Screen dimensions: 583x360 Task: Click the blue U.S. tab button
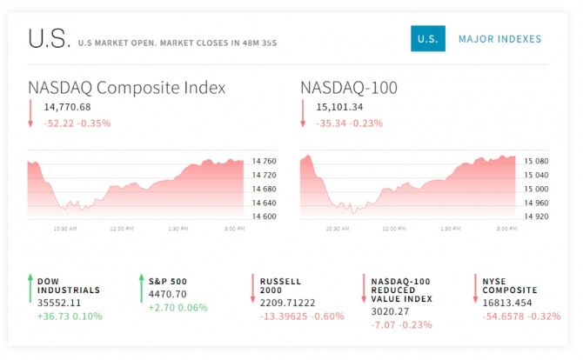[428, 38]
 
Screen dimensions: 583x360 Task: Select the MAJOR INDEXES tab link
[499, 39]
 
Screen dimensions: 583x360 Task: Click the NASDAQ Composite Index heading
[127, 88]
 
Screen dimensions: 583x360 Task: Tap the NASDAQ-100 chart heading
[349, 88]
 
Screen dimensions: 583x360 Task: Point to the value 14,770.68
[67, 107]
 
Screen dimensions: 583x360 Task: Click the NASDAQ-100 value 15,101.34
[339, 107]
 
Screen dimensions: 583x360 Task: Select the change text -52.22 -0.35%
[77, 123]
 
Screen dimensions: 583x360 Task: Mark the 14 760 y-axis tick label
[264, 161]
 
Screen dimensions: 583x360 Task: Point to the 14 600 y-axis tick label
[264, 217]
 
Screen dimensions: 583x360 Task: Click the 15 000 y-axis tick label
[536, 189]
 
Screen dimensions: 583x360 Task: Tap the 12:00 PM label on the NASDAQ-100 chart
[394, 229]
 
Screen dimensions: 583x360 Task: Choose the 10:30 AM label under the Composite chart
[65, 229]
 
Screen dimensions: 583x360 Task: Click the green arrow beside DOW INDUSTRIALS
[30, 289]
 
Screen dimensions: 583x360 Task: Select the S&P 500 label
[168, 282]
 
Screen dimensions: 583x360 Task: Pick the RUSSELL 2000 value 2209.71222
[287, 303]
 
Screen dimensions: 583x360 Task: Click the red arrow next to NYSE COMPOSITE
[475, 289]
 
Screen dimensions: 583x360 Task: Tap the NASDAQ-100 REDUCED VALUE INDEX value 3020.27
[390, 311]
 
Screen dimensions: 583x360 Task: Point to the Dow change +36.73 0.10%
[70, 317]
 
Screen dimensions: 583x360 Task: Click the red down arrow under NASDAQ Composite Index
[30, 113]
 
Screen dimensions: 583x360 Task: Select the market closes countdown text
[218, 43]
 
